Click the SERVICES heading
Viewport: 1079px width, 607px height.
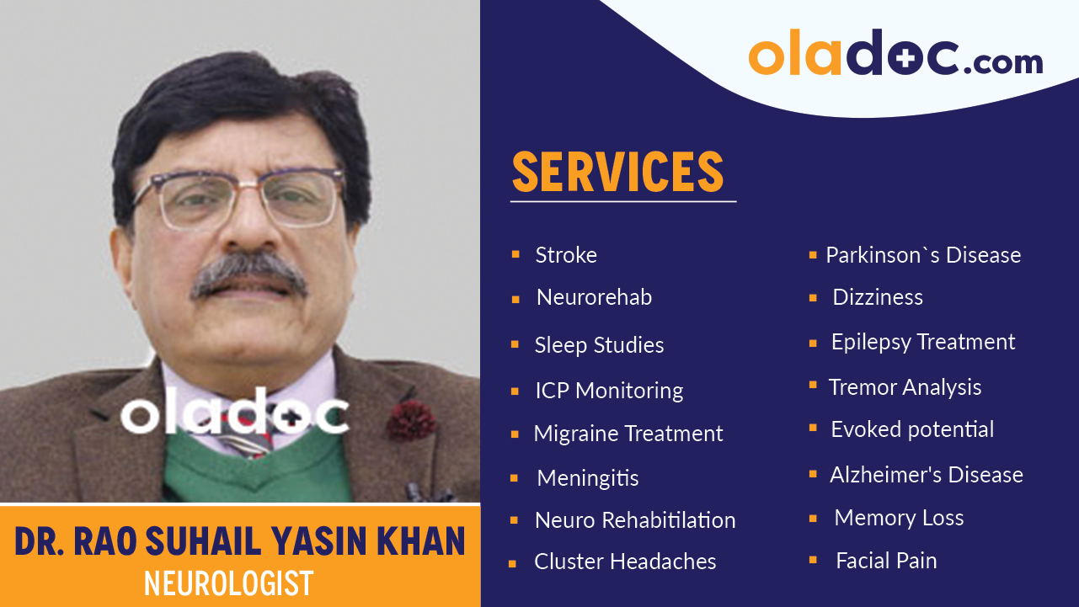pos(618,172)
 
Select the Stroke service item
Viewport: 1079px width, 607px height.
pos(566,255)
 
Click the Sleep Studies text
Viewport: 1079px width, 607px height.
pos(599,345)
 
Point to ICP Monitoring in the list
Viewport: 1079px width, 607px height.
pos(609,391)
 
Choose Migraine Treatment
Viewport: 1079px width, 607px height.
pos(628,434)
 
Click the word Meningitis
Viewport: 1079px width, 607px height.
pos(588,478)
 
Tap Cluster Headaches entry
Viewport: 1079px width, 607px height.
pos(625,562)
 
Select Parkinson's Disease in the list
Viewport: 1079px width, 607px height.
pos(923,255)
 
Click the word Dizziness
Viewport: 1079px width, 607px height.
pos(878,297)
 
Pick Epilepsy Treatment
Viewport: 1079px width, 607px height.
pos(923,342)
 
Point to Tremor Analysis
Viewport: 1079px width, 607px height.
pos(905,387)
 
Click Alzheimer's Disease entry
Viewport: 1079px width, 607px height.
pos(927,475)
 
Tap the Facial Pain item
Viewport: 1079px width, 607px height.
pos(886,561)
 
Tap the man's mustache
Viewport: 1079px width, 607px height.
pos(249,275)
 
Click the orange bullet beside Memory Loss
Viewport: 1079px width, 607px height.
pos(813,518)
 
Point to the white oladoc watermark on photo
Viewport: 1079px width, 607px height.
pos(234,414)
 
